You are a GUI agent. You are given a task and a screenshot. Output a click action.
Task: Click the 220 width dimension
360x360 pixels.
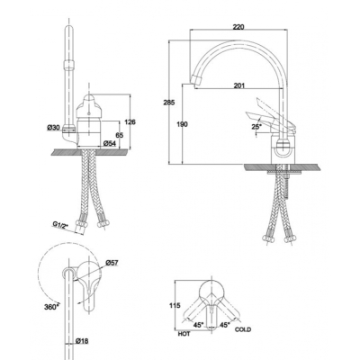[238, 27]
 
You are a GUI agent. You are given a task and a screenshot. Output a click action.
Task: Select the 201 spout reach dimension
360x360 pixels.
[239, 85]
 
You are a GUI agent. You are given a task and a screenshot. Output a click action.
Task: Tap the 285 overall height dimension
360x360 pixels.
[169, 103]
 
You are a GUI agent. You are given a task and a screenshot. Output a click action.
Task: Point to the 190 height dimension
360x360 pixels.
[182, 124]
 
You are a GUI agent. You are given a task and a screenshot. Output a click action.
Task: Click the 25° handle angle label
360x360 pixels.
[256, 127]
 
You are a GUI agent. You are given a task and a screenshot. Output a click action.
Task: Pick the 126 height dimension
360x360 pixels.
[130, 122]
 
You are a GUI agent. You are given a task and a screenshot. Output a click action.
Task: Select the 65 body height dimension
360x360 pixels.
[120, 135]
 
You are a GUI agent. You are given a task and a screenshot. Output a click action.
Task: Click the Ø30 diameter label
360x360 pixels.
[53, 128]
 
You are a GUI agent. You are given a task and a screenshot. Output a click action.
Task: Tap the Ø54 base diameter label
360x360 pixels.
[110, 144]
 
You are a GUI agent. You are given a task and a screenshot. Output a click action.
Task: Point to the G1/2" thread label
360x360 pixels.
[59, 224]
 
